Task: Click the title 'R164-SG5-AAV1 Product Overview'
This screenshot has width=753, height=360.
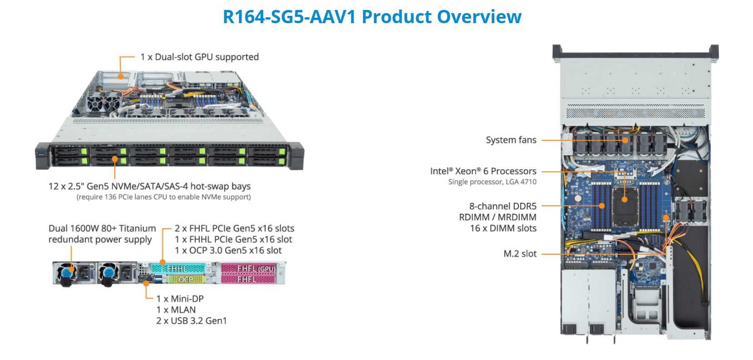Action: [372, 17]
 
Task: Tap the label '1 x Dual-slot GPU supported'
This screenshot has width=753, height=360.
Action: [199, 57]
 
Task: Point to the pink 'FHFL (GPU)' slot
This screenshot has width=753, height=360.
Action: [248, 268]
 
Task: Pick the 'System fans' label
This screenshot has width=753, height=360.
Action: [511, 140]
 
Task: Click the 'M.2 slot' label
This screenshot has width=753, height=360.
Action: [520, 254]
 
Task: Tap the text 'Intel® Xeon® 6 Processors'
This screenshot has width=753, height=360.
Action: [483, 171]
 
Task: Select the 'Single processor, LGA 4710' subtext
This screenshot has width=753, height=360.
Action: [492, 182]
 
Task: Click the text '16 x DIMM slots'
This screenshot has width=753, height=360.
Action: [503, 228]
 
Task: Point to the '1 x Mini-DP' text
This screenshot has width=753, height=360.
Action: [180, 299]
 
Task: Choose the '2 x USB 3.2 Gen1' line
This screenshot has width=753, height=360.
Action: [191, 321]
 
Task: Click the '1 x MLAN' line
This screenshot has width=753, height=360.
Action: [176, 310]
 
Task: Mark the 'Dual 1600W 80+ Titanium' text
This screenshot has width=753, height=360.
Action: [102, 228]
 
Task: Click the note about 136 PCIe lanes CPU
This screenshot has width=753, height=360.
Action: [163, 197]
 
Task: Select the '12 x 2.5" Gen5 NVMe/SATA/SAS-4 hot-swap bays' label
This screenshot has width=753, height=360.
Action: [149, 186]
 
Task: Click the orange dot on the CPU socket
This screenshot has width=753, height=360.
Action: [625, 199]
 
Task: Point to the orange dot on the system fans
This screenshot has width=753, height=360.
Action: [625, 140]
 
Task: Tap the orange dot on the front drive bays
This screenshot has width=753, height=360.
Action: [115, 159]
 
